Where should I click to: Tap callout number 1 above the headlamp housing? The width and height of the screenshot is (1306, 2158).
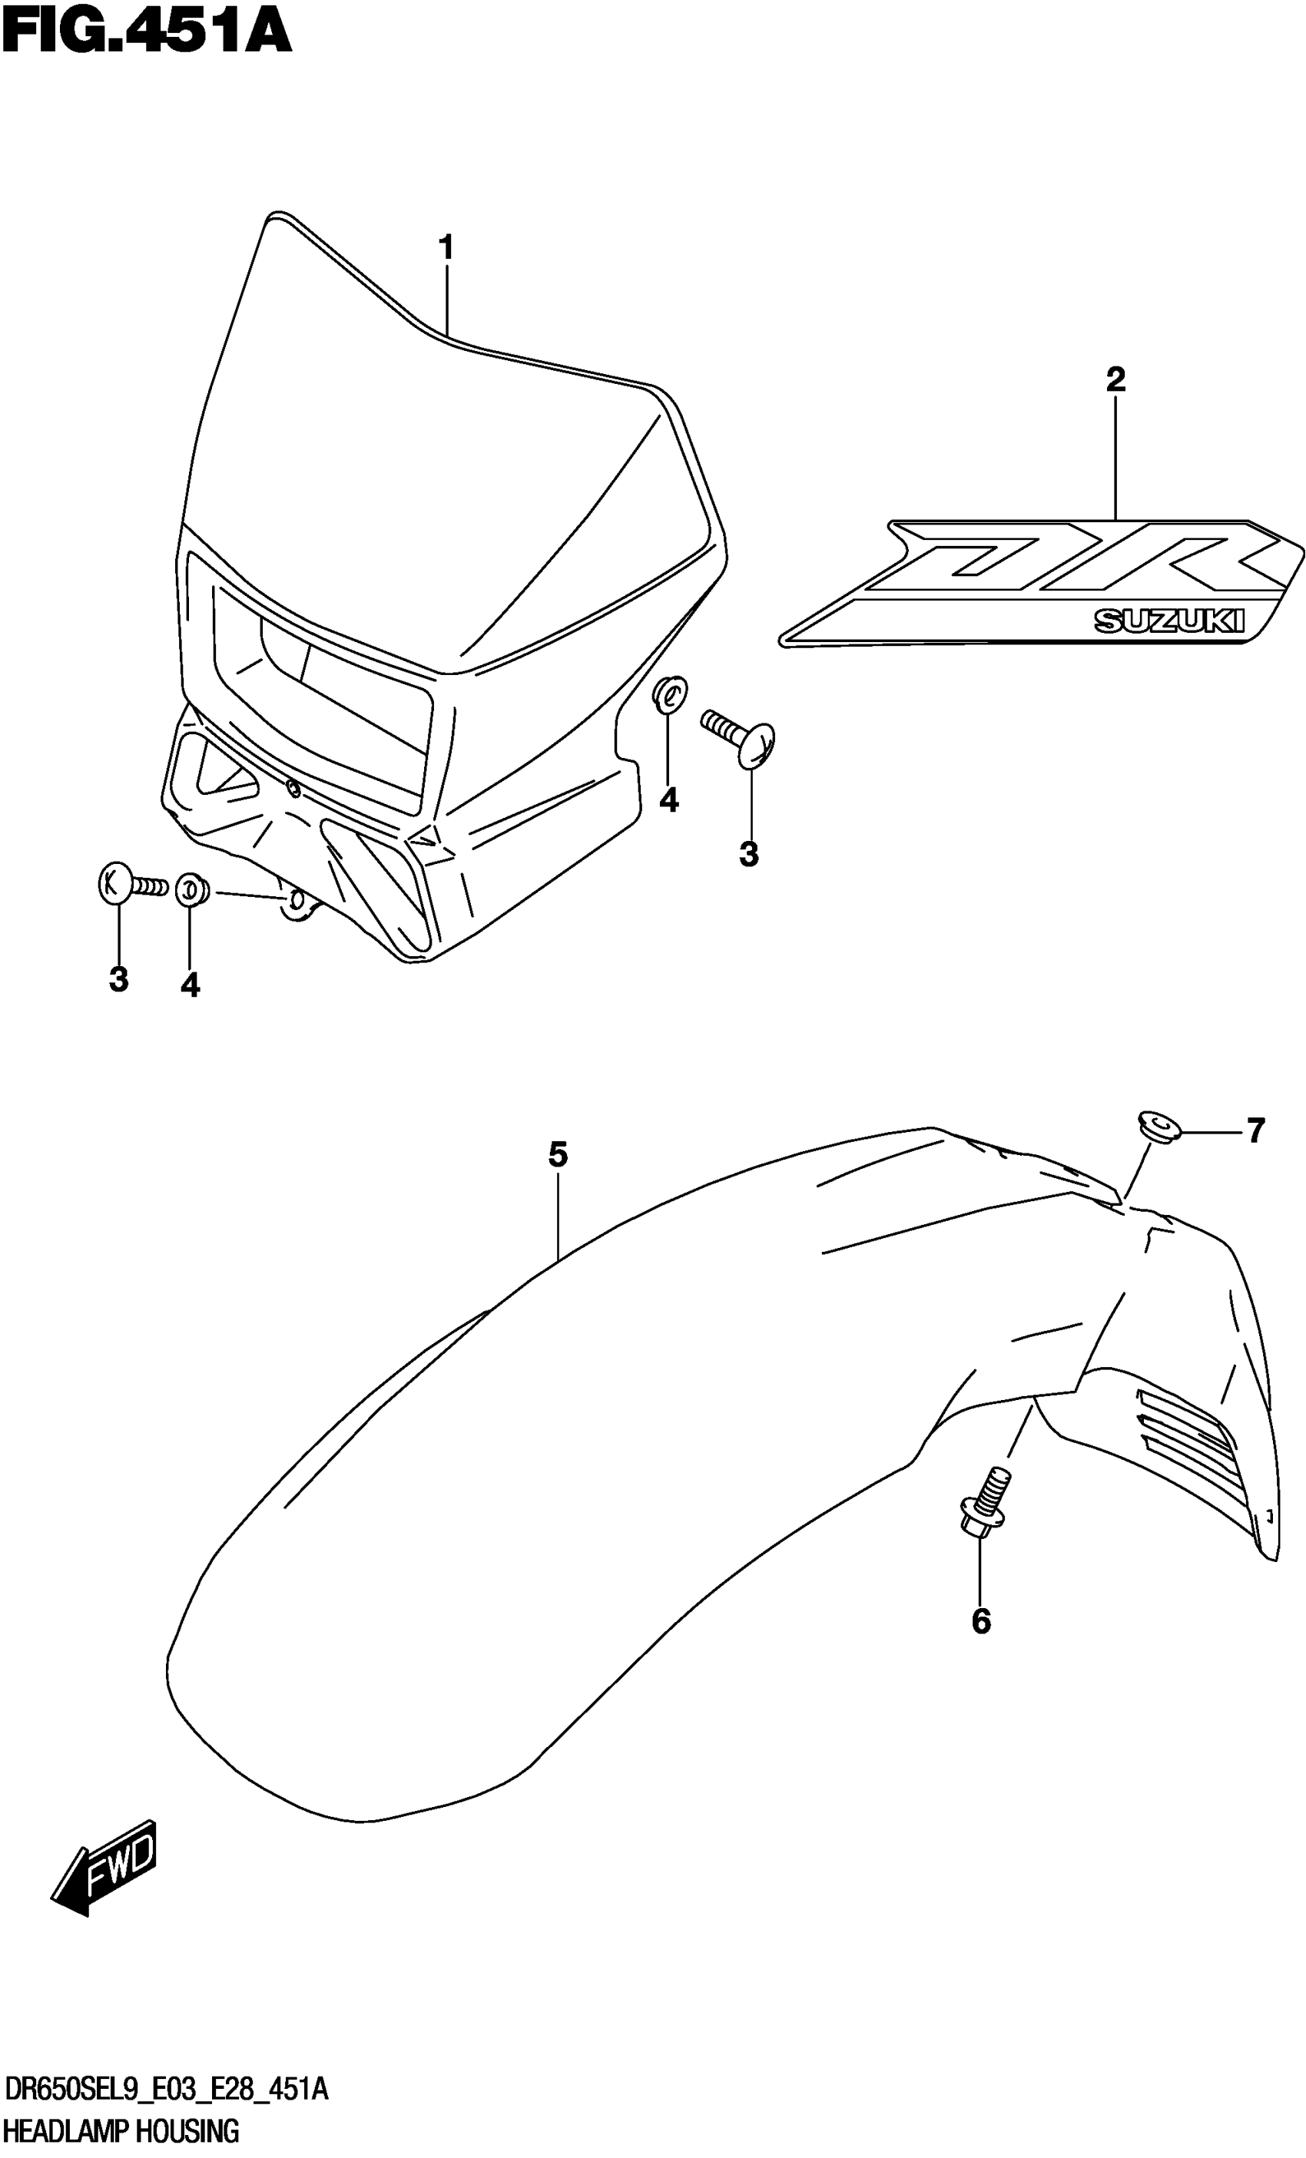click(446, 248)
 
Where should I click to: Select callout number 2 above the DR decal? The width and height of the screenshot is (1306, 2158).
click(1115, 379)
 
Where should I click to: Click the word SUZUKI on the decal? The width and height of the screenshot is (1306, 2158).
click(1169, 621)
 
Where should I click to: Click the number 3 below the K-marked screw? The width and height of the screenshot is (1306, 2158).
click(119, 979)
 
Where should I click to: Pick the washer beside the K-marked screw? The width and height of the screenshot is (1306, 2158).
click(189, 891)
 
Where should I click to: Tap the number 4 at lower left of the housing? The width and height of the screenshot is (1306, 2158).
click(190, 986)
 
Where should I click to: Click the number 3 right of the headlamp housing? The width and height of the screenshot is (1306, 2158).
click(749, 854)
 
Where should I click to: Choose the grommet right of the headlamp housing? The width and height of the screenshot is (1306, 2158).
click(669, 694)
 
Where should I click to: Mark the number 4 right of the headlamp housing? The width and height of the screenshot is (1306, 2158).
click(669, 799)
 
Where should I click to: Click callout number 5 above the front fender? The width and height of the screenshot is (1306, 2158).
click(558, 1155)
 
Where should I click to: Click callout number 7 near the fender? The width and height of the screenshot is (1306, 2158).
click(1255, 1130)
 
